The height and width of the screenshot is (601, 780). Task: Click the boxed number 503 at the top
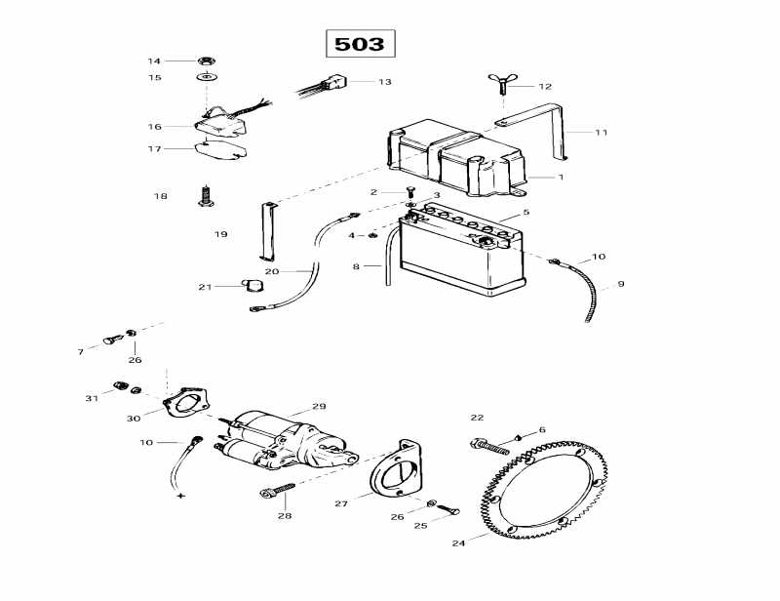360,44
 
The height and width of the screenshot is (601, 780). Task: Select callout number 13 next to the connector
385,82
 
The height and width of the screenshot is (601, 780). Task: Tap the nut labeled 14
207,60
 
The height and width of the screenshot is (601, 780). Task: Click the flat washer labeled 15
207,76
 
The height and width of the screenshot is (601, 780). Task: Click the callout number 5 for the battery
526,212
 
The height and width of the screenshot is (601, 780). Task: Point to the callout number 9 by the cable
620,285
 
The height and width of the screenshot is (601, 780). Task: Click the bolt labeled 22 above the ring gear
493,447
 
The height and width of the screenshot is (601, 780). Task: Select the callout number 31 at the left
92,397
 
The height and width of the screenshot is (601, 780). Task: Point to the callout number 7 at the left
81,351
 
